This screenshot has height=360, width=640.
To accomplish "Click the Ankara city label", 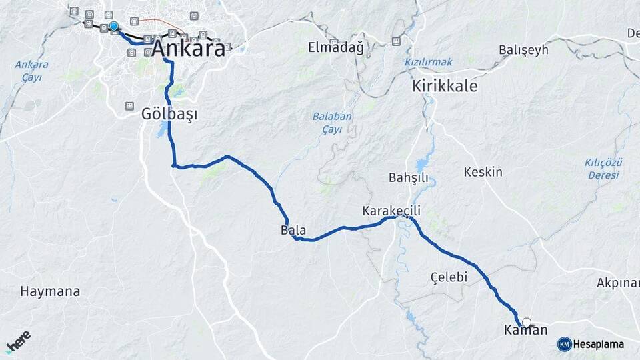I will (x=189, y=48).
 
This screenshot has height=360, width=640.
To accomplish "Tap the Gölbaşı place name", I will (x=169, y=114).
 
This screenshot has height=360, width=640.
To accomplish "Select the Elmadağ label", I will (x=336, y=47).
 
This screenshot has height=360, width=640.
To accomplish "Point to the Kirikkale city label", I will (x=445, y=87).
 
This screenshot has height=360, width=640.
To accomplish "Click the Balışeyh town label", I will (x=523, y=50).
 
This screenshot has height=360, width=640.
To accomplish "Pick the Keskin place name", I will (x=483, y=172).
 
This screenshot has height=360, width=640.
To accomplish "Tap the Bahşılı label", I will (x=408, y=178).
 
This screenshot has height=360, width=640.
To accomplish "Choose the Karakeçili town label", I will (x=391, y=211).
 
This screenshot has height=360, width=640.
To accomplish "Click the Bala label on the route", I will (x=293, y=231).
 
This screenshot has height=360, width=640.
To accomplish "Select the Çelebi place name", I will (x=449, y=277).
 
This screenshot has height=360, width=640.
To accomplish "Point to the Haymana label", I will (x=50, y=291).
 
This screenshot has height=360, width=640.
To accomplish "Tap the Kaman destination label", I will (x=525, y=330).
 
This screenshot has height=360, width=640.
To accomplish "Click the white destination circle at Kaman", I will (x=527, y=323).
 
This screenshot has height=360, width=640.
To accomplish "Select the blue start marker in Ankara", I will (x=114, y=27).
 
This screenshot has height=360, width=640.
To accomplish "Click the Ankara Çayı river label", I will (x=31, y=71).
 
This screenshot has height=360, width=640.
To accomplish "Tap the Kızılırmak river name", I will (x=428, y=62).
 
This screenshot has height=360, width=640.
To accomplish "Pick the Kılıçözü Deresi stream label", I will (x=603, y=169).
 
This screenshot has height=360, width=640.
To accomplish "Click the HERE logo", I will (x=18, y=341).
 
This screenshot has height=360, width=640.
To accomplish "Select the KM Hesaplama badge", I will (x=591, y=344).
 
